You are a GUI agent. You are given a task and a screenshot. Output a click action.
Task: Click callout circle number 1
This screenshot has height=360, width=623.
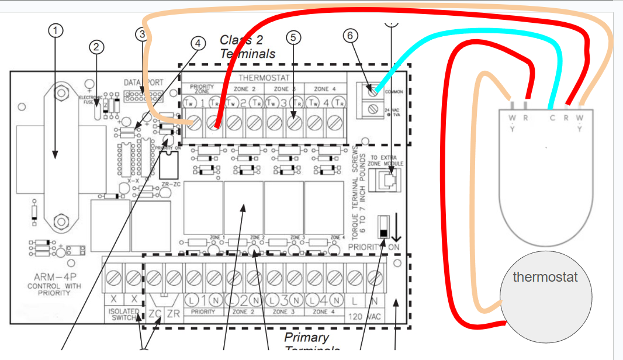click(x=55, y=30)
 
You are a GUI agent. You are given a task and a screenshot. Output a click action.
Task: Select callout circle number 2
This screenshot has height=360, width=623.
click(x=96, y=47)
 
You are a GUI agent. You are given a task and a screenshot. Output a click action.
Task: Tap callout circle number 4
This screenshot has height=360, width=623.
click(x=198, y=43)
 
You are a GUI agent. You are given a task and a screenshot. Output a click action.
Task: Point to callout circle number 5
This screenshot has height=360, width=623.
click(x=293, y=37)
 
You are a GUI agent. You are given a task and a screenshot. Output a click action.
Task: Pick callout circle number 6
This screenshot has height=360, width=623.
click(x=351, y=35)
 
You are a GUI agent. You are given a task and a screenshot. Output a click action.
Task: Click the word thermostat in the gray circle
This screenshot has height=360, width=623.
click(x=545, y=276)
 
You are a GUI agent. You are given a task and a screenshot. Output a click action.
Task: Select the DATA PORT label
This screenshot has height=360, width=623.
click(x=144, y=82)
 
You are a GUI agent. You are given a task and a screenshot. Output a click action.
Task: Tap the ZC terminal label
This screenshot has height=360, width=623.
click(x=154, y=313)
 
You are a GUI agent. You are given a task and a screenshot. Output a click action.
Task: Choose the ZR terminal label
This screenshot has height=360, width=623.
click(x=173, y=313)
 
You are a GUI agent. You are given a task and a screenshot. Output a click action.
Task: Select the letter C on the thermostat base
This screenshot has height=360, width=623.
click(x=551, y=117)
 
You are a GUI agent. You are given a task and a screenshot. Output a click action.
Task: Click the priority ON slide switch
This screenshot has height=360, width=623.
click(x=383, y=225)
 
